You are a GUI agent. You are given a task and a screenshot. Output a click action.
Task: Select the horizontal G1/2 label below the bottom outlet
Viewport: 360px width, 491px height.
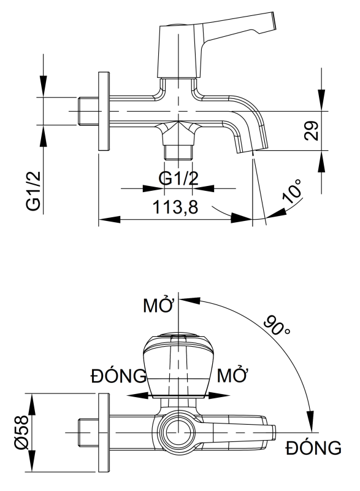click(178, 179)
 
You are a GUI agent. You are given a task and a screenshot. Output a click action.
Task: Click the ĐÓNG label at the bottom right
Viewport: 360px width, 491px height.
click(313, 448)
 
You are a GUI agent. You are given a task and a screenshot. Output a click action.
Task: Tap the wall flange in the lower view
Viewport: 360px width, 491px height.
click(102, 433)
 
